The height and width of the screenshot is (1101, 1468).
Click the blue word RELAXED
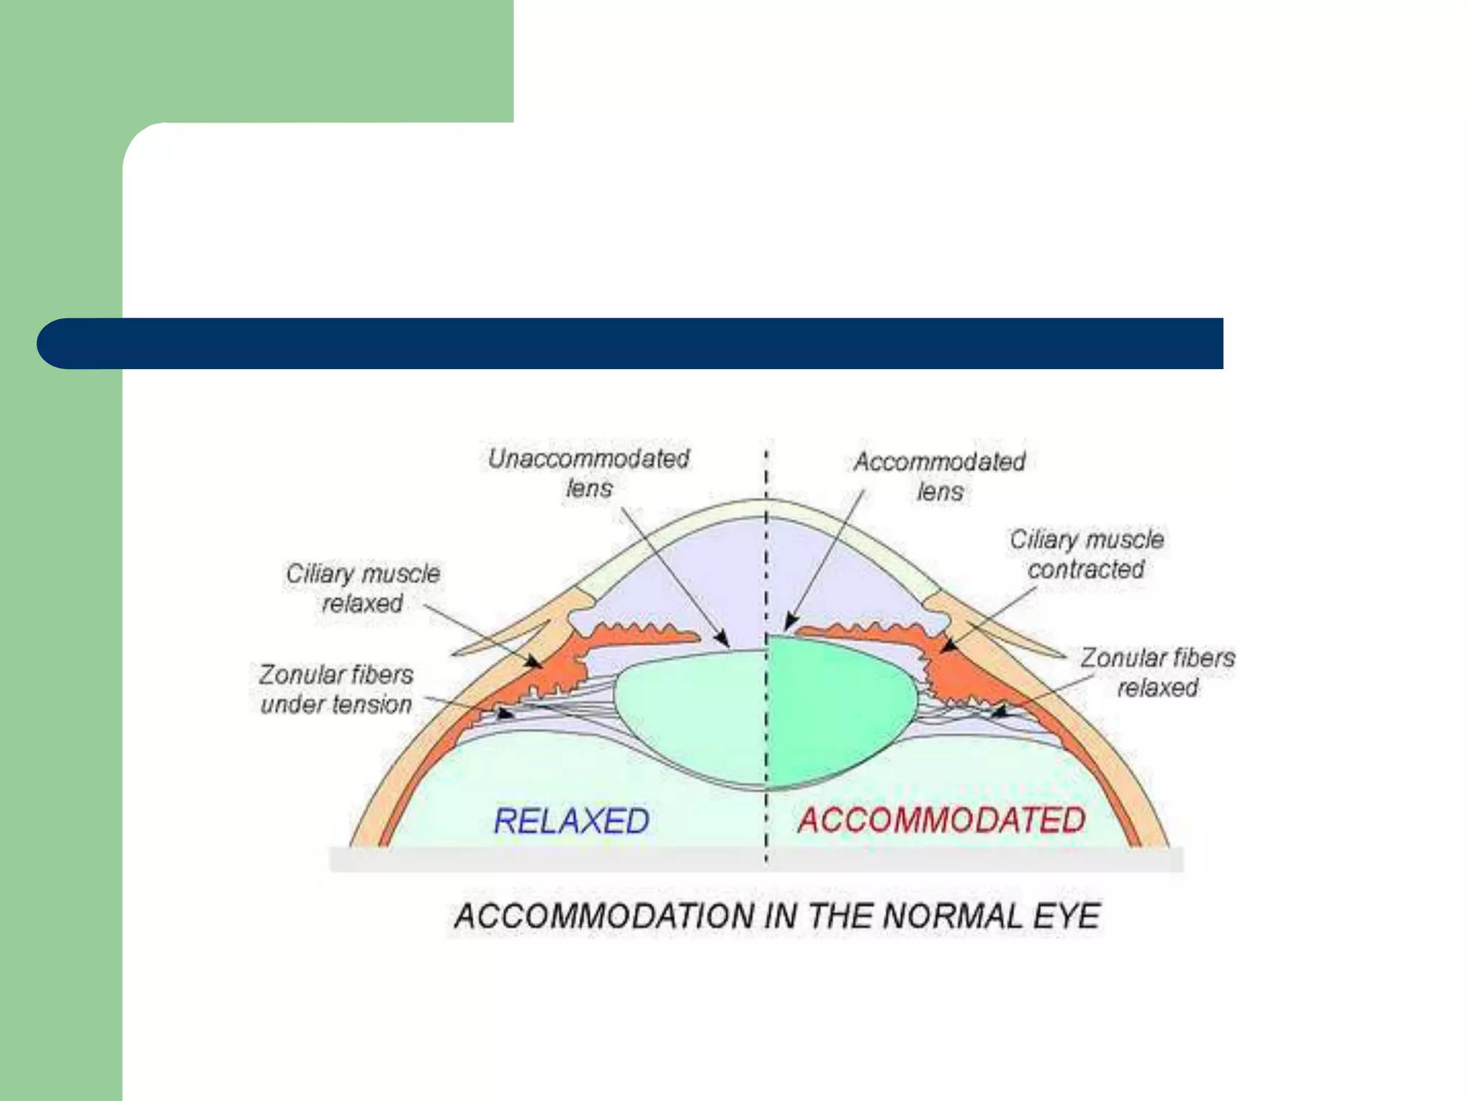click(x=571, y=821)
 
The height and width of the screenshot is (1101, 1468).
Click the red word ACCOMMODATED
click(x=941, y=820)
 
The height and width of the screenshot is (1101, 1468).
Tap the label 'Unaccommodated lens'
click(x=588, y=473)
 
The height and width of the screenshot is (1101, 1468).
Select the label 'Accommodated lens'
click(x=939, y=476)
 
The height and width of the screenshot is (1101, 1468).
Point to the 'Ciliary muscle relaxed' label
click(x=363, y=588)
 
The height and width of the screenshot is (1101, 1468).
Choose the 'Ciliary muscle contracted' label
click(x=1086, y=554)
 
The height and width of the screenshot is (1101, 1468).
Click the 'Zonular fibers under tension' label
click(x=336, y=689)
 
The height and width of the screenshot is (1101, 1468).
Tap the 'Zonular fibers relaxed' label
click(x=1157, y=672)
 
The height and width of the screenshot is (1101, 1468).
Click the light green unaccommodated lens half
click(x=688, y=710)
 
